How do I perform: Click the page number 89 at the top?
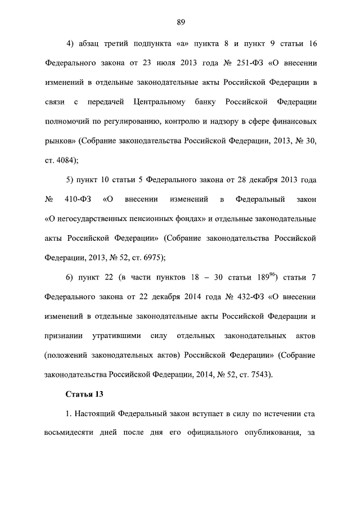coord(181,22)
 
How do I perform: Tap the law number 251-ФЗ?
coord(246,63)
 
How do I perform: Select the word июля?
coord(161,63)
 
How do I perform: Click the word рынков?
coord(58,141)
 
